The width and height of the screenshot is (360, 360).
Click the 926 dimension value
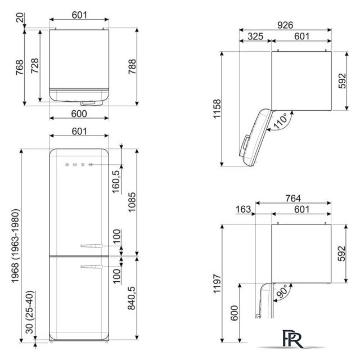click(x=285, y=25)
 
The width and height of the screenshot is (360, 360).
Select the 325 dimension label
click(x=255, y=36)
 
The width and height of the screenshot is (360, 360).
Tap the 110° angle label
click(x=281, y=120)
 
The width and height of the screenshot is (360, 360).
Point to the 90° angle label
click(x=282, y=291)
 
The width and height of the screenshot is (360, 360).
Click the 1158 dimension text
click(x=217, y=109)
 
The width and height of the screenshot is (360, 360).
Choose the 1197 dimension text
click(x=217, y=283)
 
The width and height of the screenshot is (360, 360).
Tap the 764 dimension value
click(x=292, y=198)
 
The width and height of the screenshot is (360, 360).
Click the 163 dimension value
click(x=243, y=209)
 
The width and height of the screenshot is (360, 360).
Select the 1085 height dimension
click(x=132, y=202)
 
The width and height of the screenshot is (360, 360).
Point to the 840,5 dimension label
click(x=132, y=298)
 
